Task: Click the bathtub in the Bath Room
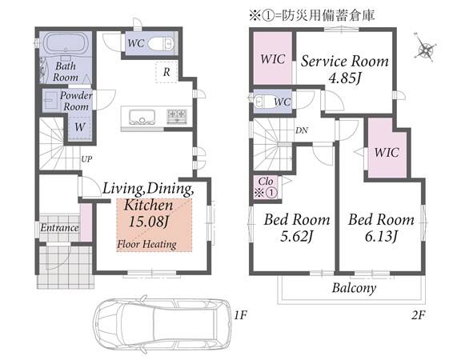66,43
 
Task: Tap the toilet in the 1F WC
161,44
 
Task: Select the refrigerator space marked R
166,72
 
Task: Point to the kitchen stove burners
177,116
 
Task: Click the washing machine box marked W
80,127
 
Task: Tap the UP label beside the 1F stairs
86,159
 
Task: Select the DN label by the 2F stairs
302,130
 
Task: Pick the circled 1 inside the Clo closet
271,193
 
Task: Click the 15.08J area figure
148,222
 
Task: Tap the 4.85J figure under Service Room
344,78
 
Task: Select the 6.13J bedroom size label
381,236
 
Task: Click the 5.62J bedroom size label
296,236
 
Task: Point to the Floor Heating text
146,244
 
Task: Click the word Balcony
354,288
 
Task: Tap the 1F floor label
240,315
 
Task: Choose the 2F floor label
419,315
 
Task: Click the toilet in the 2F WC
266,101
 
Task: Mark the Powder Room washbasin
50,101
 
